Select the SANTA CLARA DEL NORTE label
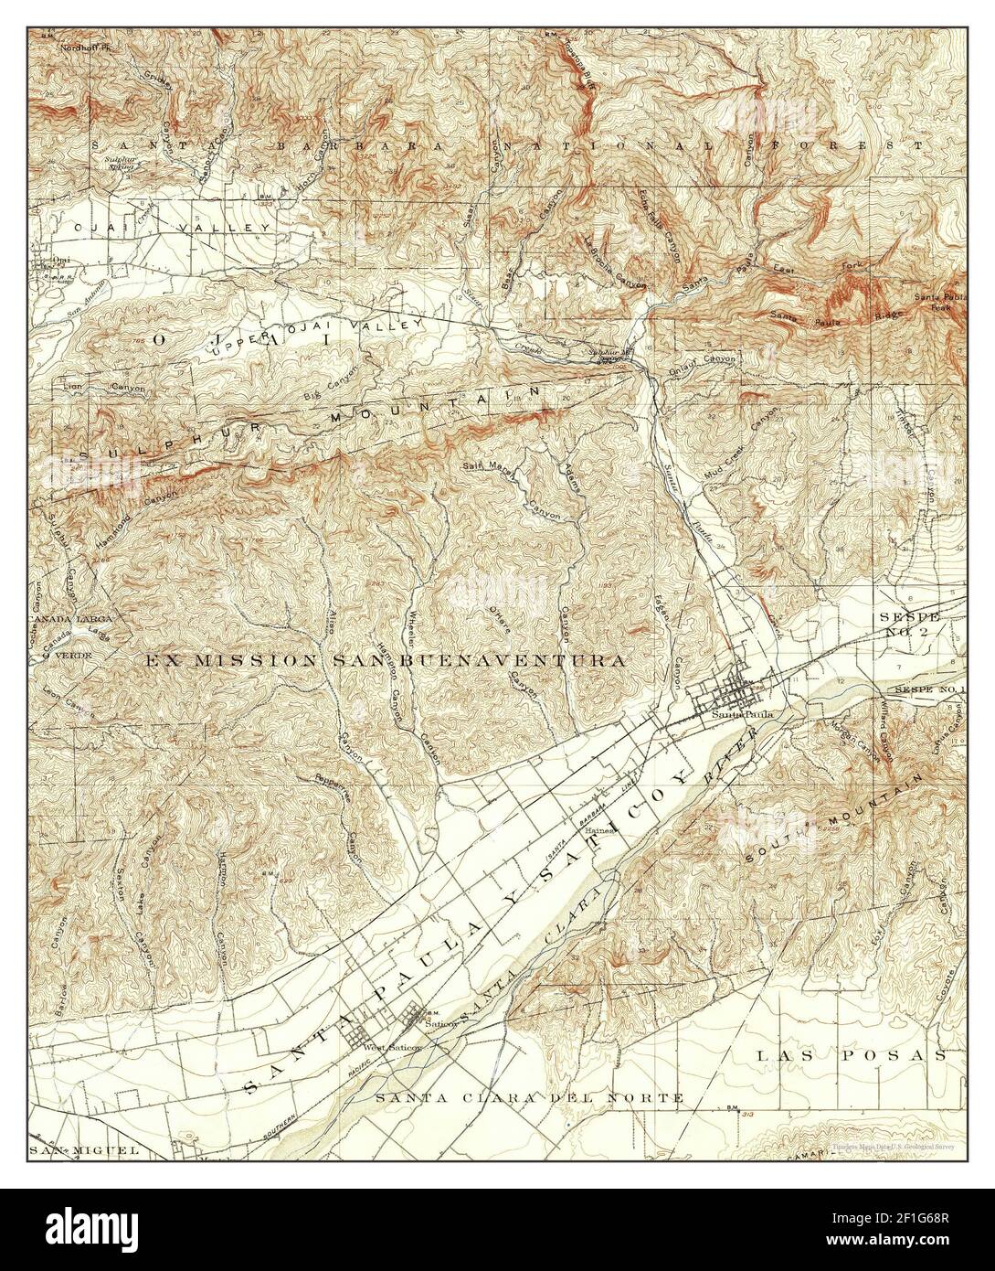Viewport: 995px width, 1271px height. (x=529, y=1096)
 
